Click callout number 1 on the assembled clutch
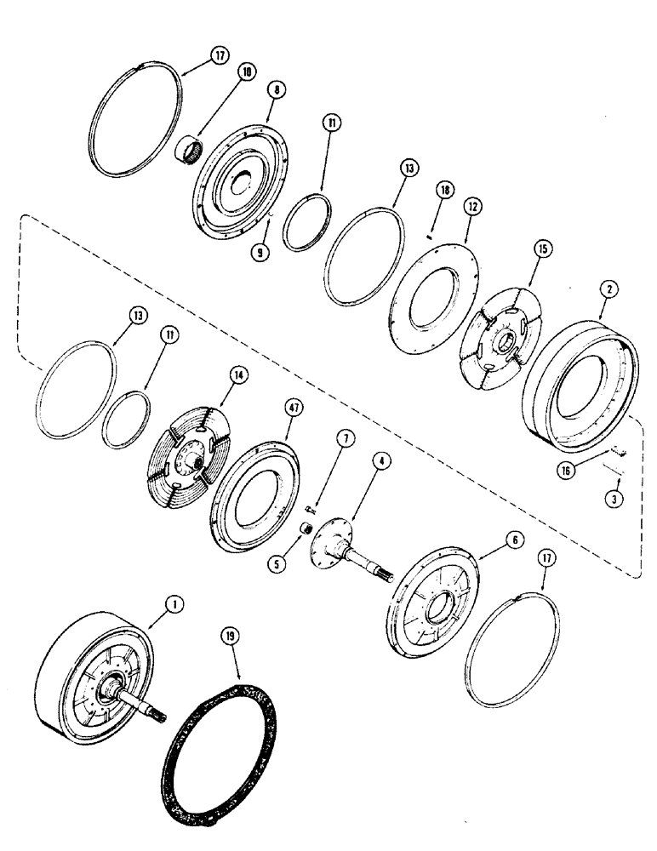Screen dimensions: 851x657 pos(173,605)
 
